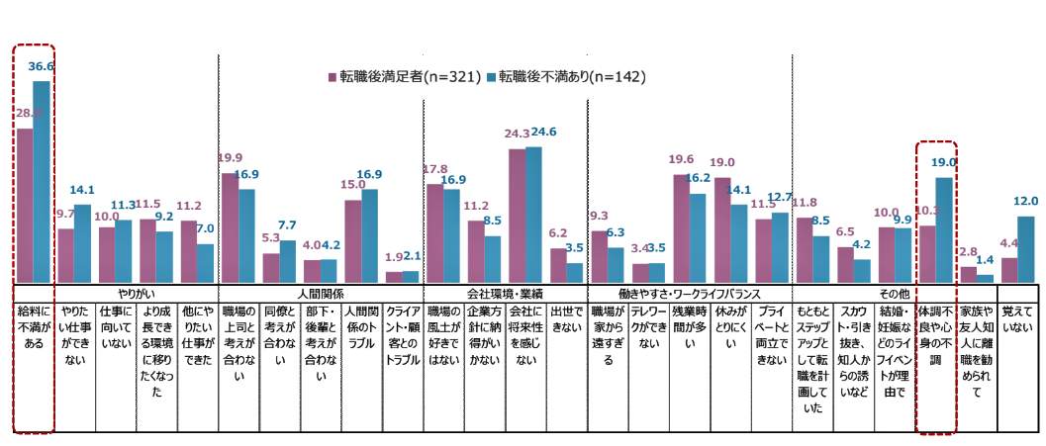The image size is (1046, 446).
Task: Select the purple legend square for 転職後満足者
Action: click(333, 76)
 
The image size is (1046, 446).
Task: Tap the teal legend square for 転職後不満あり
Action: click(491, 76)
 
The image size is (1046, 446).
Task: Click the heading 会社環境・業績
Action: click(504, 293)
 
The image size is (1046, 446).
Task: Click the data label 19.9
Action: click(231, 156)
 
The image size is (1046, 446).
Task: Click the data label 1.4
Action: click(986, 258)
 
